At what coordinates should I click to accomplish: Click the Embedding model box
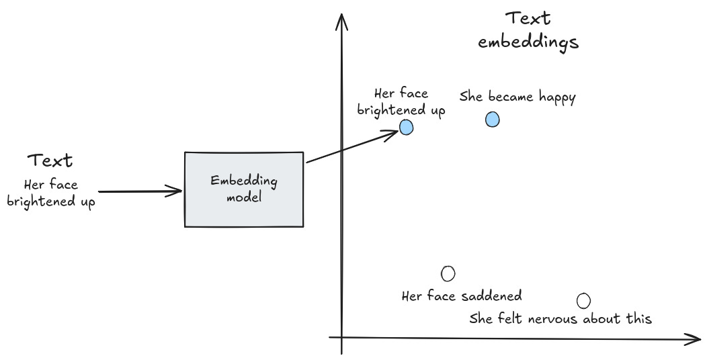point(243,189)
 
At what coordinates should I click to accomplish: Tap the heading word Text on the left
point(50,161)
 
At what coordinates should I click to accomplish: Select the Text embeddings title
point(528,30)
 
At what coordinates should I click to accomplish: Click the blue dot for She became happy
point(493,120)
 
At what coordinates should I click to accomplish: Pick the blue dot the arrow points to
point(406,127)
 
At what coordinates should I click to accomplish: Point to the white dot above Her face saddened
point(448,273)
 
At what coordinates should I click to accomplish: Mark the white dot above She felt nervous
point(583,301)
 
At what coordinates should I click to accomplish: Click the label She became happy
point(517,97)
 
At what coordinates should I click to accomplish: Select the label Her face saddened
point(461,296)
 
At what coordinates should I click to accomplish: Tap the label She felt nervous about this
point(560,318)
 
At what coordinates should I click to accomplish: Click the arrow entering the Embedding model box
point(140,191)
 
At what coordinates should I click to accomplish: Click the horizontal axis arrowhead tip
point(700,340)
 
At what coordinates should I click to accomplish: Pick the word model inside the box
point(243,197)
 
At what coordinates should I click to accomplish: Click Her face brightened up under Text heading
point(50,192)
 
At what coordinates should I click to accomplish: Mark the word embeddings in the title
point(528,42)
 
